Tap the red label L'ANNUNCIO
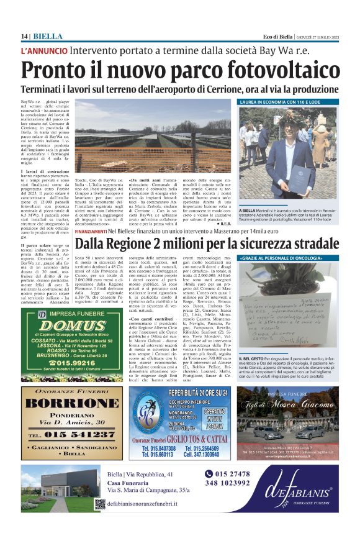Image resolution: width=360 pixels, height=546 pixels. click(x=44, y=50)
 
